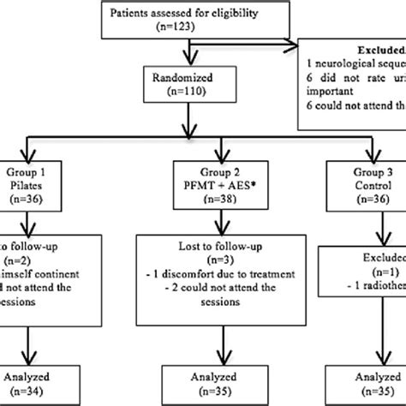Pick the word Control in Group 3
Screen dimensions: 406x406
tap(364, 183)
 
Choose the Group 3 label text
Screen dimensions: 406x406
tap(364, 169)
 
